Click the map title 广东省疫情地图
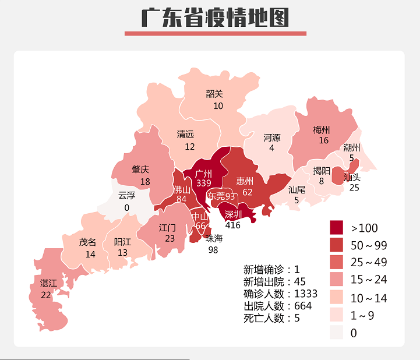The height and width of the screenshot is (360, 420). pos(215,17)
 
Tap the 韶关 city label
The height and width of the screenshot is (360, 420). pos(214,94)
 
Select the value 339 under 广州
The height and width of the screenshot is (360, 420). pos(203,183)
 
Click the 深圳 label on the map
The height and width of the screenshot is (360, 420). pos(232,214)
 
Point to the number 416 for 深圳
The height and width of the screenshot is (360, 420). pos(232,224)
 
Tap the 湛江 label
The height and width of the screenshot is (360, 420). pos(48,283)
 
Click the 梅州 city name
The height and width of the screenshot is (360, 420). pos(321,130)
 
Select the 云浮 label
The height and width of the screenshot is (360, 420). pos(126,196)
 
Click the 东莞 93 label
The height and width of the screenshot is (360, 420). pos(221,196)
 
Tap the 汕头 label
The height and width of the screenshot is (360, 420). pos(352,177)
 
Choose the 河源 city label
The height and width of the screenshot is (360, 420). pos(271,138)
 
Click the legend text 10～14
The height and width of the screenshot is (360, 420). pos(369,298)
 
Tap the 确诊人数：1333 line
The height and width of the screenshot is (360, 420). pos(280,294)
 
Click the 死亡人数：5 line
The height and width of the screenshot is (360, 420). pos(271,318)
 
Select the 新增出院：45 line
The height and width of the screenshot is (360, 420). pos(274,282)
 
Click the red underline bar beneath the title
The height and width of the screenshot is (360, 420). pos(215,33)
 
